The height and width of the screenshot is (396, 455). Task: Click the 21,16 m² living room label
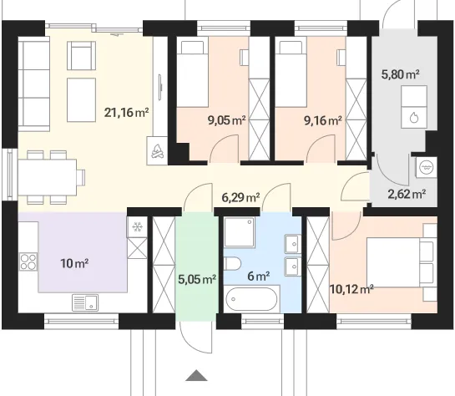tap(127, 112)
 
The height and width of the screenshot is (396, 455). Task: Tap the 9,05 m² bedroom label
tap(226, 120)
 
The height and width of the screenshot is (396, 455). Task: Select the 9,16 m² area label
tap(323, 120)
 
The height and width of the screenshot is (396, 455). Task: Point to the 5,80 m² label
tap(400, 75)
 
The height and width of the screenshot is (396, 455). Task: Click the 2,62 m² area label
tap(407, 194)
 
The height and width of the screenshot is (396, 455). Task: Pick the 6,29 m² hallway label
tap(240, 198)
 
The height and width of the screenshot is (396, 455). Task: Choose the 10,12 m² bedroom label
tap(351, 289)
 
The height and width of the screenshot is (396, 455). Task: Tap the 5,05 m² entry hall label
tap(197, 280)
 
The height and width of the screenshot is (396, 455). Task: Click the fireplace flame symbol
tap(157, 151)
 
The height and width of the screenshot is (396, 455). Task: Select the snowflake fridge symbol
tap(137, 226)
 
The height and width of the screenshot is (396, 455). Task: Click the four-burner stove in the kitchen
tap(28, 261)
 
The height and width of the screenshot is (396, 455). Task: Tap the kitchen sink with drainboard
tap(85, 302)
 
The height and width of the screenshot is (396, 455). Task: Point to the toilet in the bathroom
tap(232, 264)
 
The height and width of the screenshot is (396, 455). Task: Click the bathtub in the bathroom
tap(251, 299)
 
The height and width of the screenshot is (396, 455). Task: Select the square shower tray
tap(240, 232)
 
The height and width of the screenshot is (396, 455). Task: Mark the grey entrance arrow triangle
tap(196, 375)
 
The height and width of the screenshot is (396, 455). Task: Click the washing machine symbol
tap(426, 168)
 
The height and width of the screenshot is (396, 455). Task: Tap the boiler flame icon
tap(414, 118)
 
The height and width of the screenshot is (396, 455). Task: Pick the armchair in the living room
tap(82, 55)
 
